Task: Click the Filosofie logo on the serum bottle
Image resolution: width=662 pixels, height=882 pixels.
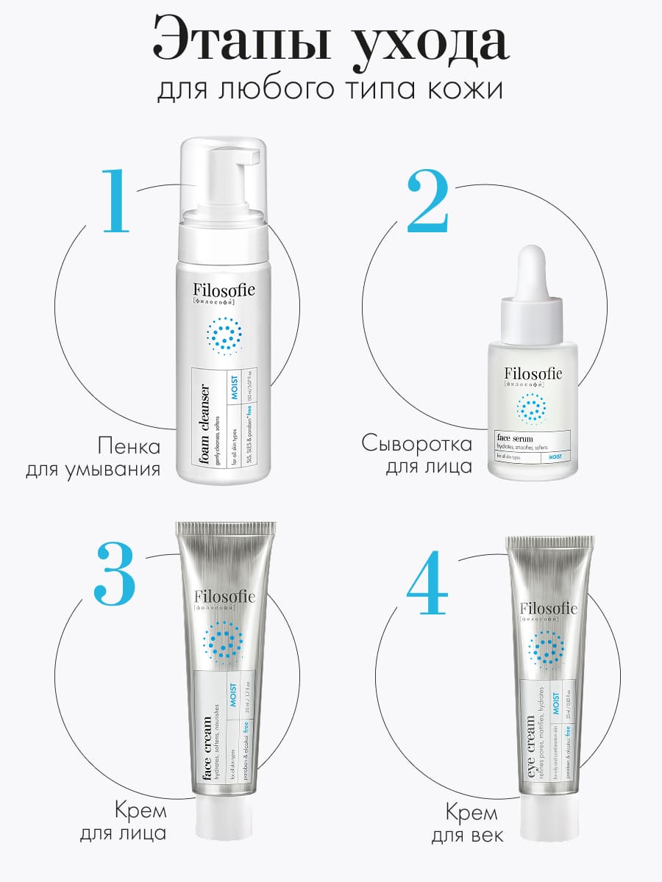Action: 533,375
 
